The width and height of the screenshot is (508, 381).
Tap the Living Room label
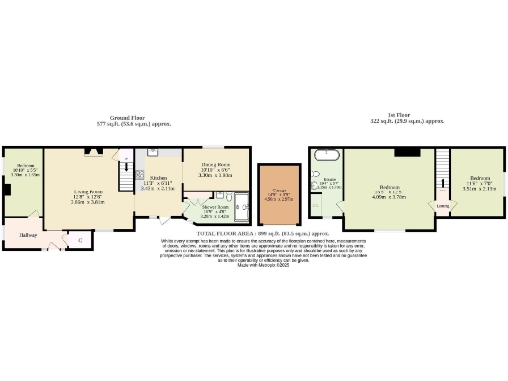pos(89,192)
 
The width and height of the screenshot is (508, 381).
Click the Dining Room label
pos(215,163)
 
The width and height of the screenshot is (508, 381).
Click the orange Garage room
pos(274,190)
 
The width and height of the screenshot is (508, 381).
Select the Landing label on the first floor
pos(444,206)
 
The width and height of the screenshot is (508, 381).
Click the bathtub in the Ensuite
pos(326,155)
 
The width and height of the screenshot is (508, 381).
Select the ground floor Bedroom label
pos(25,164)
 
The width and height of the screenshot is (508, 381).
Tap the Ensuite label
pos(328,180)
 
